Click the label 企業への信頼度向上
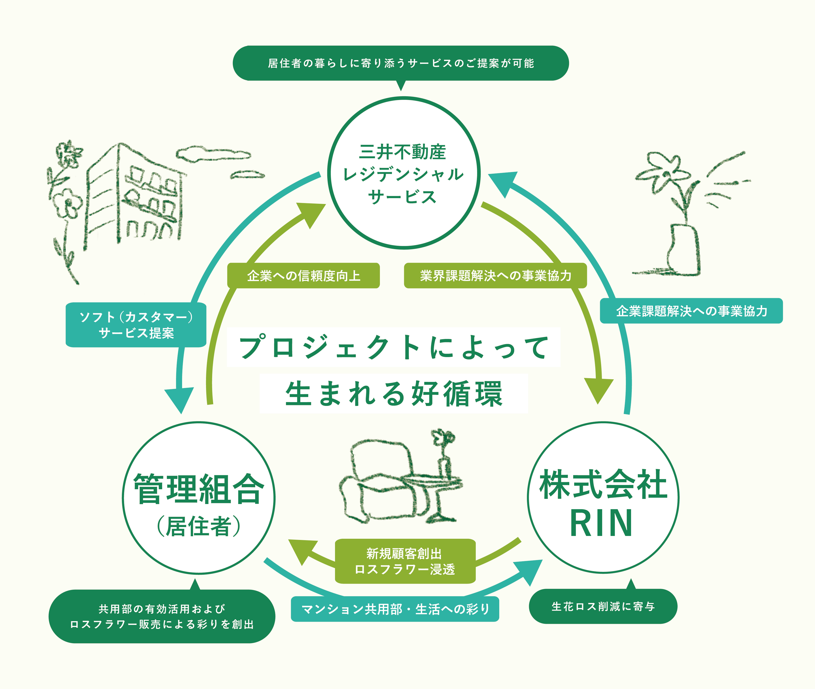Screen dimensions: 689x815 coord(303,276)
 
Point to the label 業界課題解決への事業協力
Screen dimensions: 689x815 coord(495,276)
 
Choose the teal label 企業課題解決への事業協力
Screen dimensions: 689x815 coord(691,311)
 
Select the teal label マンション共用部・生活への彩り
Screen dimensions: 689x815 coord(395,609)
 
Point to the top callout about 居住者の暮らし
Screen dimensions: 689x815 coord(401,63)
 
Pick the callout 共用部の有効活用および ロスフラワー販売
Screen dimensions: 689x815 coord(162,616)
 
